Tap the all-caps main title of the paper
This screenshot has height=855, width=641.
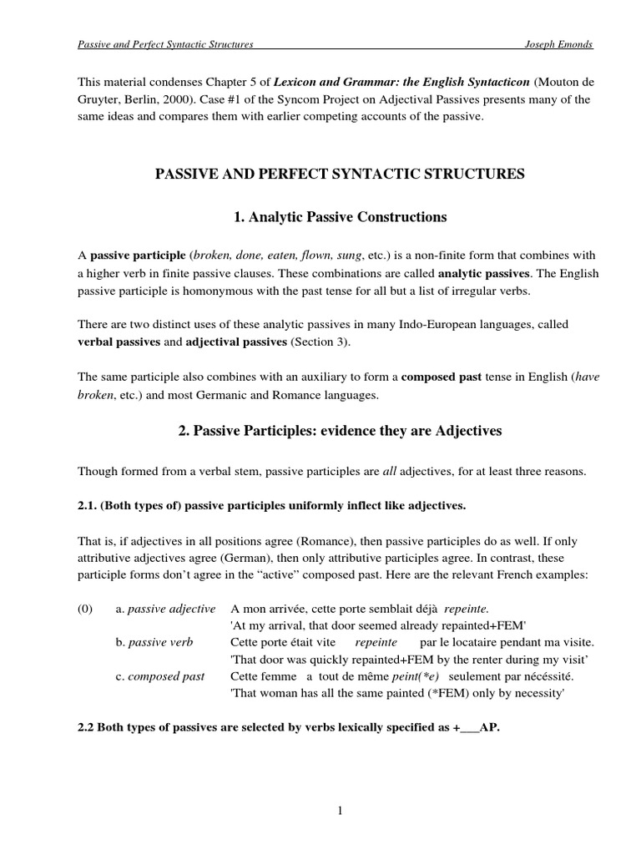coord(341,174)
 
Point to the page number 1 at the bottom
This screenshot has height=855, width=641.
coord(341,810)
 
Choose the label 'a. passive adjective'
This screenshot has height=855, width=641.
coord(166,609)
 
